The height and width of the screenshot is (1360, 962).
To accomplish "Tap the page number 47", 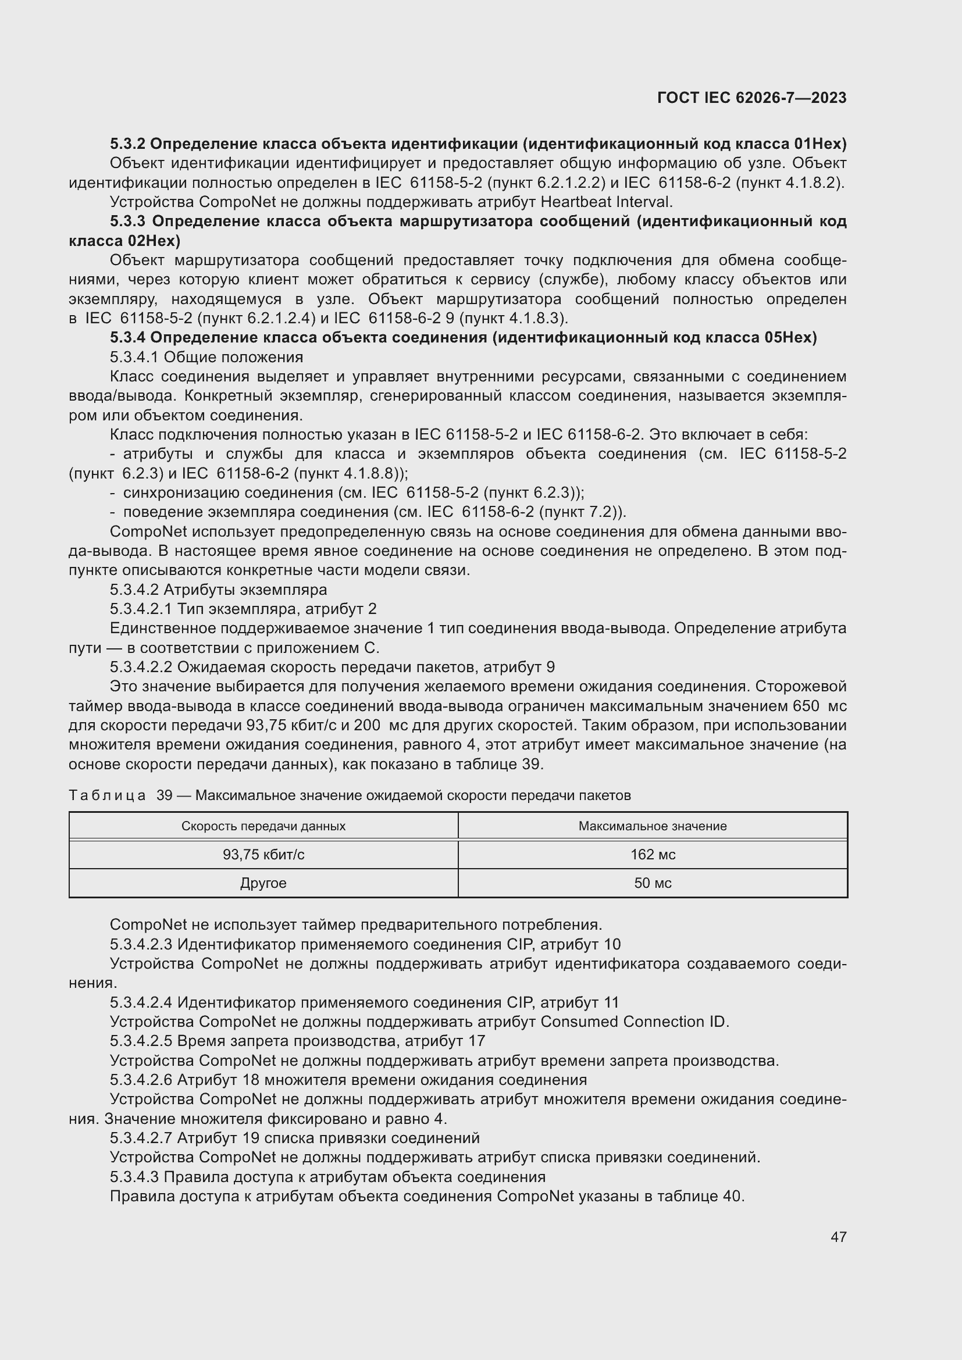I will click(x=838, y=1237).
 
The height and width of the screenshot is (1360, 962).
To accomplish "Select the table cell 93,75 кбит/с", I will click(x=263, y=854).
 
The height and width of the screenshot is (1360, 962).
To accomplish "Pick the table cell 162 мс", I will click(x=653, y=854).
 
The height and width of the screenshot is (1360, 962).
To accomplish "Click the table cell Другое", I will click(x=263, y=883).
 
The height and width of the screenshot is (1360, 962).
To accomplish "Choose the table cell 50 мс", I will click(x=653, y=883).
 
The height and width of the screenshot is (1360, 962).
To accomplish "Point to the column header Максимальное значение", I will click(x=653, y=826).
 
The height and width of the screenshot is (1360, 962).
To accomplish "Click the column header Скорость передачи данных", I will click(x=263, y=826).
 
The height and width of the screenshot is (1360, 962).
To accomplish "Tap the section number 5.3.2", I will click(x=127, y=144).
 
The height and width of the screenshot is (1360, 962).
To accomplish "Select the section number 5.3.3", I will click(x=128, y=222).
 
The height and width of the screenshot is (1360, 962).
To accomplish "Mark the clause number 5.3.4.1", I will click(x=134, y=357).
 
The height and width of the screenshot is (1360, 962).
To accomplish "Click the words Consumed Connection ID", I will click(x=635, y=1022).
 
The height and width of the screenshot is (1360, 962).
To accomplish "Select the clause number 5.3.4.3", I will click(x=134, y=1177).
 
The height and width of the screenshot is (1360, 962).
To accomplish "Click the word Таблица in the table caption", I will click(x=107, y=795).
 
